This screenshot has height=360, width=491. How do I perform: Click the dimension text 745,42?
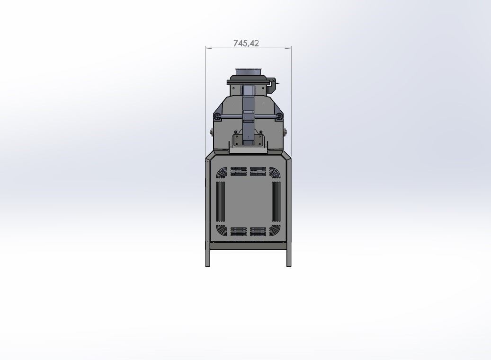pos(246,43)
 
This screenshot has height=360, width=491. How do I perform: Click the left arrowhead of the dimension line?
pos(208,48)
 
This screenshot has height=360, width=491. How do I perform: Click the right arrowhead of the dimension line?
pos(288,48)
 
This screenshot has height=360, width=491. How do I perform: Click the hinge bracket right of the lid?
pos(273,85)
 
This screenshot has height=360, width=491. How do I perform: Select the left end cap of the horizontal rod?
pos(217,117)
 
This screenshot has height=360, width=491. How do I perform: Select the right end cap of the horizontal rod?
pos(279,117)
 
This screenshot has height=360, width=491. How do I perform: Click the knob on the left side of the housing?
pos(212,132)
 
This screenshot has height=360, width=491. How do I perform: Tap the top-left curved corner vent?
pos(222,173)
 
